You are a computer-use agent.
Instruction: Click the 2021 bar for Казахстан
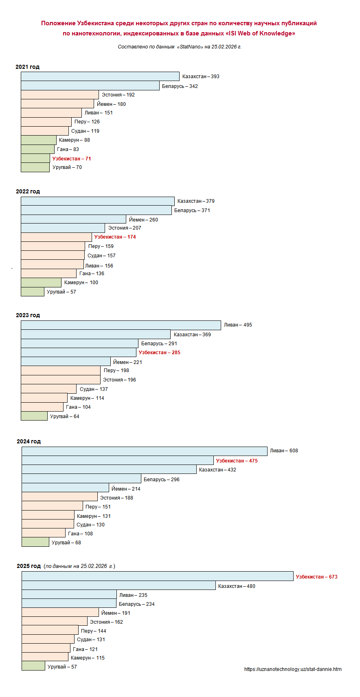tap(100, 77)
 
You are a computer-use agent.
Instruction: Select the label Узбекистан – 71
tap(72, 159)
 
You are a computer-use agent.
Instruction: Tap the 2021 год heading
tap(27, 67)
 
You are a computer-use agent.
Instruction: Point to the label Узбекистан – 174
tap(115, 237)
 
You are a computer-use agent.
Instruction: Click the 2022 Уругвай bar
tap(33, 292)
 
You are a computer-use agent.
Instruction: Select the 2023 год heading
tap(28, 315)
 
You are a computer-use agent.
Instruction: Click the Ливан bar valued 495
tap(121, 325)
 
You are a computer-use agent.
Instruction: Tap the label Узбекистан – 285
tap(159, 353)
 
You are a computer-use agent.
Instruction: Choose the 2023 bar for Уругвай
tap(34, 416)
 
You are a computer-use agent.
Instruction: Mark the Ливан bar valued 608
tap(145, 451)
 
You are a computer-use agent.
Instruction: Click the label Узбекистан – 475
tap(237, 461)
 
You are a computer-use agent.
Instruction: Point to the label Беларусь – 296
tap(161, 480)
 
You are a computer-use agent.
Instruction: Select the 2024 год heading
tap(29, 441)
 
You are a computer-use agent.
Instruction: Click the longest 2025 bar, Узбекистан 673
tap(158, 576)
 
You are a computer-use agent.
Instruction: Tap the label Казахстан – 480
tap(237, 586)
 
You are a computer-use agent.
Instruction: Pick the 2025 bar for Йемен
tap(60, 613)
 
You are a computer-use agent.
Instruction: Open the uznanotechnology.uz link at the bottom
tap(293, 669)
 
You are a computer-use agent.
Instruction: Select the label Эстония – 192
tap(118, 95)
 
